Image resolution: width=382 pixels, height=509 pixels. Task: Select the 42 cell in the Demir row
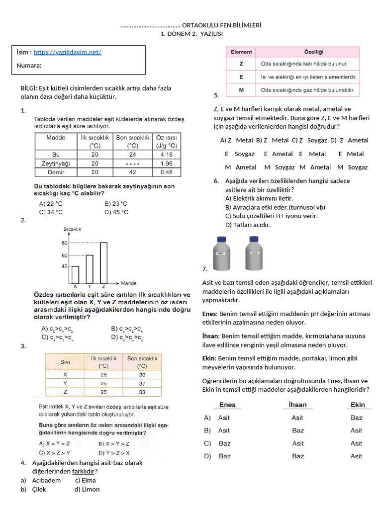(132, 172)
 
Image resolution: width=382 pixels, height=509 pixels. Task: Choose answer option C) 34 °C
(51, 212)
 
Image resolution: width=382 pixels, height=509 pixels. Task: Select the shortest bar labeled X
(76, 275)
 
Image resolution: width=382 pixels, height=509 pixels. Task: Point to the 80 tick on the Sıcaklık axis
(64, 243)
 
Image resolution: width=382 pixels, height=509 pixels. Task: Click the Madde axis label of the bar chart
(129, 284)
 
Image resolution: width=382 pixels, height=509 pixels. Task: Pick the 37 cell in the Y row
(142, 383)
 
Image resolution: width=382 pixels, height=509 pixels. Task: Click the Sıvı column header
(65, 361)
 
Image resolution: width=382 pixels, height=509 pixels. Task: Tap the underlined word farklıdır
(84, 471)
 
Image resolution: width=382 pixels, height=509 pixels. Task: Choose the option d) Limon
(87, 489)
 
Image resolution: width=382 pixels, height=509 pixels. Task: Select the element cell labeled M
(241, 90)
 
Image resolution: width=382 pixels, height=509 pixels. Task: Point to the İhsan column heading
(297, 405)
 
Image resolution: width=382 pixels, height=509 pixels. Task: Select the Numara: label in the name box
(29, 66)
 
